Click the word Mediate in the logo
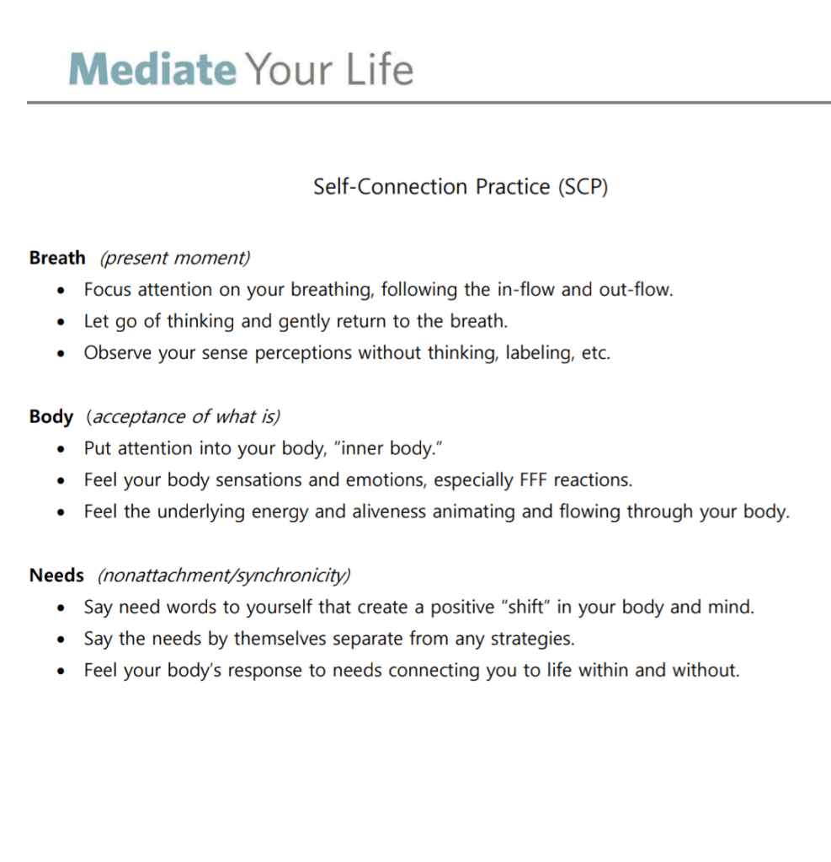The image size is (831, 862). [152, 69]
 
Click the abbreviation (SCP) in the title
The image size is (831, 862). [582, 186]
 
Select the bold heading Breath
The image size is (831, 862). [57, 258]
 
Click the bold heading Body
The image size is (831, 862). [51, 416]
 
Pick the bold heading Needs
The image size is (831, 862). [56, 576]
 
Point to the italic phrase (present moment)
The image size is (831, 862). [175, 258]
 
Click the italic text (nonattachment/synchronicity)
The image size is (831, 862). [224, 576]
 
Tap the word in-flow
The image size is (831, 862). [525, 290]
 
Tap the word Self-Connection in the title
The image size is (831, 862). [390, 186]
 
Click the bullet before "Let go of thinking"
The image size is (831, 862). [61, 323]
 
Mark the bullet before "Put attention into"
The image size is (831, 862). [61, 449]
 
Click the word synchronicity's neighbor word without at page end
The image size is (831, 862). [705, 671]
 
